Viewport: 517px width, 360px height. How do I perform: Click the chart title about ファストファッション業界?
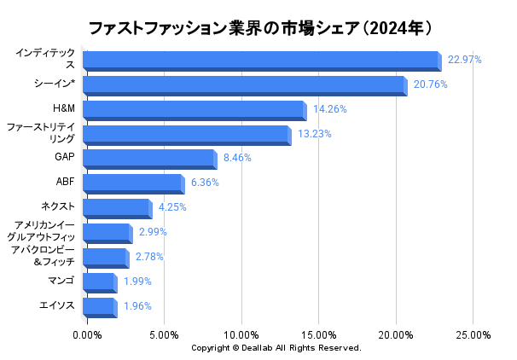coord(258,27)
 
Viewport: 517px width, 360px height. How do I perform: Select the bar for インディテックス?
coord(260,60)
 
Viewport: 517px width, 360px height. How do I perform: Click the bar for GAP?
coord(148,159)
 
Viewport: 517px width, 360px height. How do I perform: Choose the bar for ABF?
coord(132,183)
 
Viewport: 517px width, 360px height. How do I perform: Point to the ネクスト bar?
coord(116,207)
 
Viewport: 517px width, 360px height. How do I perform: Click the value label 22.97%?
coord(465,60)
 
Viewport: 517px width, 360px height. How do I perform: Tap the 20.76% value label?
coord(430,84)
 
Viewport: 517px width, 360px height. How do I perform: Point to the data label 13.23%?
coord(314,134)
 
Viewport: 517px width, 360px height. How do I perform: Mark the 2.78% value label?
coord(148,257)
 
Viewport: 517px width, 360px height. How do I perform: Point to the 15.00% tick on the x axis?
coord(319,335)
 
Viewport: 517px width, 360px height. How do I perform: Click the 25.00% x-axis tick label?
coord(473,335)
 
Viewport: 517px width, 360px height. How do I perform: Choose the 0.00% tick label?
coord(87,335)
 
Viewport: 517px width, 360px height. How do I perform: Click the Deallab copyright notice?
coord(276,348)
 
